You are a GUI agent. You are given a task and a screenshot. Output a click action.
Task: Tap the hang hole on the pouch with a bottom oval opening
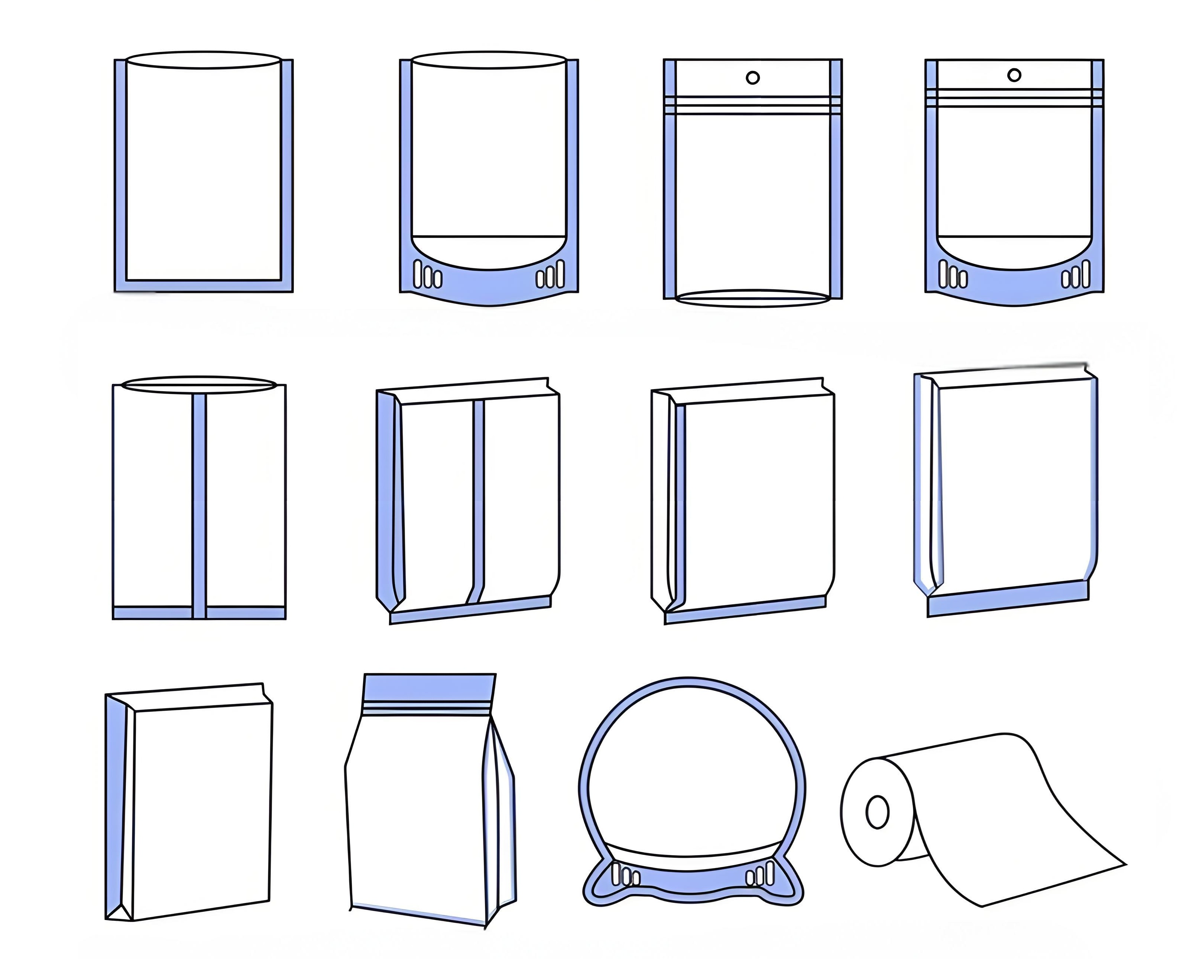coord(752,77)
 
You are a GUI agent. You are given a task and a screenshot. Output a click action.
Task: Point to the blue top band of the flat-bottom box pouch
coord(429,688)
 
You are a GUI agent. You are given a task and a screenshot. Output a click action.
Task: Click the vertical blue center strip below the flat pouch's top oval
coord(200,499)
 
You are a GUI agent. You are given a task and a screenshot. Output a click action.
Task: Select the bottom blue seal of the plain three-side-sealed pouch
coord(204,286)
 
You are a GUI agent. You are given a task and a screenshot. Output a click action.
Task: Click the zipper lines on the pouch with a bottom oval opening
coord(752,105)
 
